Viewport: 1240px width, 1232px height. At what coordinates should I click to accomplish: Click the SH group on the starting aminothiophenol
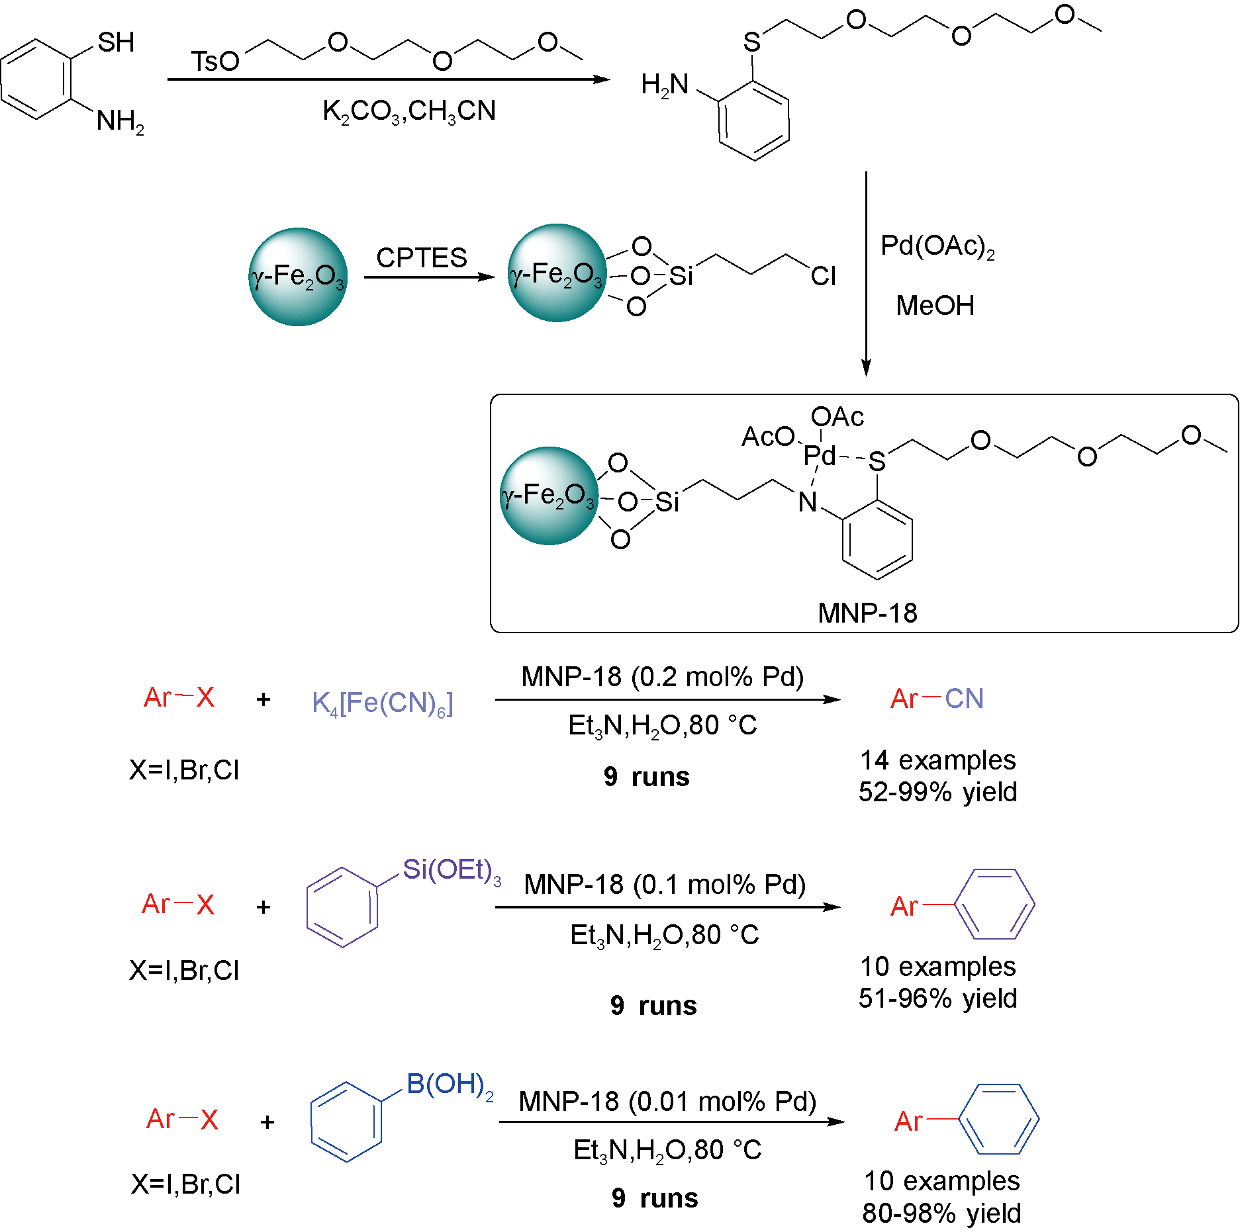116,42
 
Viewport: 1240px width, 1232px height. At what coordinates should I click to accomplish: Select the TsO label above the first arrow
215,62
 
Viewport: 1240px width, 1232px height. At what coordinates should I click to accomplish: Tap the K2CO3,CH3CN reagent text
409,111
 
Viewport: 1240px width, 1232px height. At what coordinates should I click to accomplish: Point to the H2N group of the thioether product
665,85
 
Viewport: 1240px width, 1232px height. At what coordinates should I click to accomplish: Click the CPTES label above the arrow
421,257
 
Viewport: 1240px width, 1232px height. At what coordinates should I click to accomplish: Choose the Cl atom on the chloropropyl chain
823,277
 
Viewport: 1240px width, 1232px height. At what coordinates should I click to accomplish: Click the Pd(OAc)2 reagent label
937,247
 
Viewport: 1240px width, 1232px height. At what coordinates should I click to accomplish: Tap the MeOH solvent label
935,306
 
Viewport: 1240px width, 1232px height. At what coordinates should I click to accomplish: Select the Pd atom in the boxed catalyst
819,455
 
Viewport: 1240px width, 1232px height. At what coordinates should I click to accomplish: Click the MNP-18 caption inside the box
867,613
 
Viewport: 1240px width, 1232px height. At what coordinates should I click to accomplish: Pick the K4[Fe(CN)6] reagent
383,703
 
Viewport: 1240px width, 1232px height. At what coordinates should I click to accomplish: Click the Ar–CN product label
937,699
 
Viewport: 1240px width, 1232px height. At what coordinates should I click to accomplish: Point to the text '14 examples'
937,760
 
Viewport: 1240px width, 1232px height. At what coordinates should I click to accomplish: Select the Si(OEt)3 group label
452,870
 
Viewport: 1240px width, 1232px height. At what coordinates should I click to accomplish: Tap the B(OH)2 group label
450,1085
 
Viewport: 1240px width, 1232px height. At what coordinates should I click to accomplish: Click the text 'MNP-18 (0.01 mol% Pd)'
667,1102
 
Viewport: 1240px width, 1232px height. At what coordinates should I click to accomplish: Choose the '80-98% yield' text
941,1213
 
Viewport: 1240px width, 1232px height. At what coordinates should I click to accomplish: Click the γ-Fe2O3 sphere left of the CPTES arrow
297,277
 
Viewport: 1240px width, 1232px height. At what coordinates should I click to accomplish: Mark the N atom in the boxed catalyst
807,502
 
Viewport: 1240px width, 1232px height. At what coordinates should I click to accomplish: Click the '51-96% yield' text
937,998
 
